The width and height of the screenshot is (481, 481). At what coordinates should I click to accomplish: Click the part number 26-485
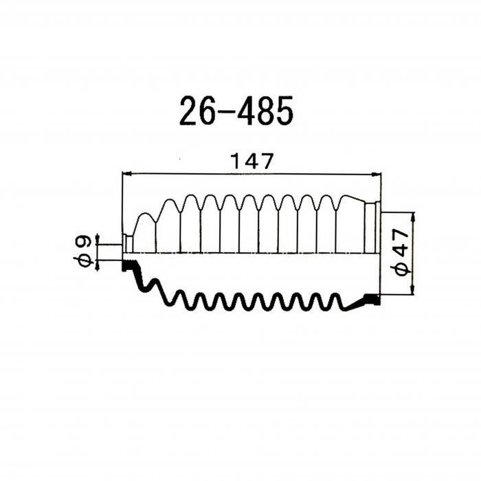point(236,111)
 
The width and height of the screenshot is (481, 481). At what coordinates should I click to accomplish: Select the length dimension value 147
point(251,162)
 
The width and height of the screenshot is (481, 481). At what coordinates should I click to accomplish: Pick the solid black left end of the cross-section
point(127,265)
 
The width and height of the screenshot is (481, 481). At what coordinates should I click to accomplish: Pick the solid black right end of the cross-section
point(372,298)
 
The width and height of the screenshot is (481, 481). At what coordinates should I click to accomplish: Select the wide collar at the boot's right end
point(372,227)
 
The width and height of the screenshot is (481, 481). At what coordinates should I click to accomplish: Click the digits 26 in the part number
point(195,111)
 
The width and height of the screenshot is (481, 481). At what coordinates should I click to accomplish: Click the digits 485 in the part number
point(265,111)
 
